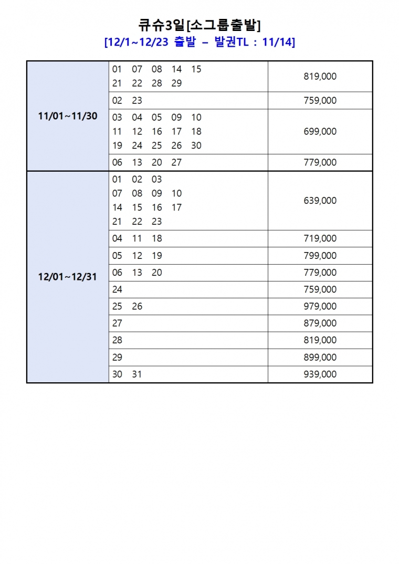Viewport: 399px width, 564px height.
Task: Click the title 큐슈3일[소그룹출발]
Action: pos(199,24)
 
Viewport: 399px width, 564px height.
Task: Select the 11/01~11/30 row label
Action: pos(68,116)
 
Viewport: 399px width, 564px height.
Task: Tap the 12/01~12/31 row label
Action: pos(68,277)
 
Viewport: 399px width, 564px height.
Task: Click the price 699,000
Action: pos(320,131)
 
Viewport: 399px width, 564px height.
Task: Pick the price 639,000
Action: pos(320,201)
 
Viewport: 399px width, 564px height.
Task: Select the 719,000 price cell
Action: pos(320,238)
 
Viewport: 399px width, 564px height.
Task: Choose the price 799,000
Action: pos(320,256)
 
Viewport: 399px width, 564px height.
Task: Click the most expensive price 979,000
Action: pos(320,306)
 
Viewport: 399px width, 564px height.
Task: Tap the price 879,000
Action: pos(320,323)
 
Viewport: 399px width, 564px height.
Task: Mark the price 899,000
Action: pos(320,357)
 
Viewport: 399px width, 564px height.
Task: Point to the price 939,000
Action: pos(320,374)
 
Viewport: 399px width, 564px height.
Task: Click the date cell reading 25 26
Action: pos(128,306)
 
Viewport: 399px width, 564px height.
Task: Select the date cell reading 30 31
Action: pos(128,374)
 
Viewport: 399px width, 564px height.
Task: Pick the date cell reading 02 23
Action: pos(128,100)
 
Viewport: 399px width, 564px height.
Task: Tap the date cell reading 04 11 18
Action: pos(137,238)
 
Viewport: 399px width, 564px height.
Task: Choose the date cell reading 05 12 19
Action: pos(137,256)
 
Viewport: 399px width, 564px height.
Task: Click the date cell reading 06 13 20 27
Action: pos(147,162)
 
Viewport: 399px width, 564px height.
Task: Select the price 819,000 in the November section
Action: pos(320,76)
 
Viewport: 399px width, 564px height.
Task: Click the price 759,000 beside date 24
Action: pos(320,289)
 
